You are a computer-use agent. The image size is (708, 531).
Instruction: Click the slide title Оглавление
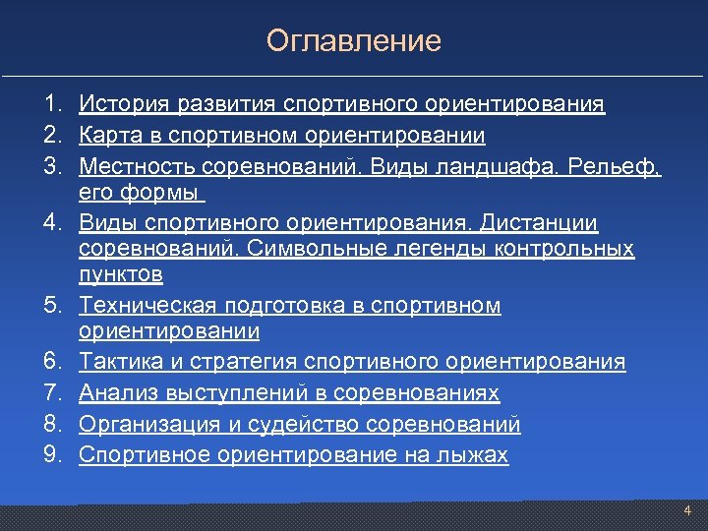353,41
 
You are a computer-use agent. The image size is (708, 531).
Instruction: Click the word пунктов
121,274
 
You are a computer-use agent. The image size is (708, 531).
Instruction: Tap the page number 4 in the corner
687,510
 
